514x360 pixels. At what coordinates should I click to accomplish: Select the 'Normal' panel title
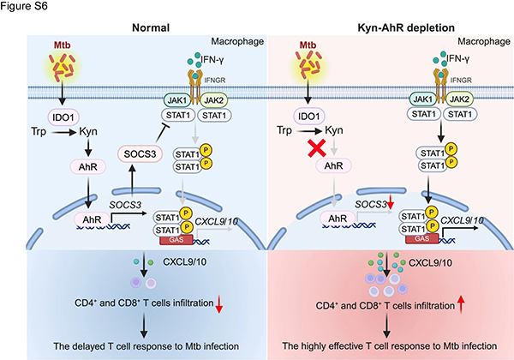tap(149, 27)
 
